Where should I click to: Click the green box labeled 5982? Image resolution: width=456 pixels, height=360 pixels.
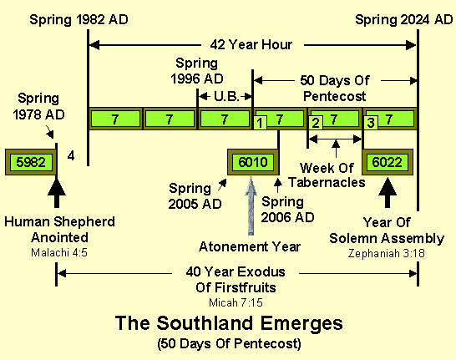[x=30, y=162]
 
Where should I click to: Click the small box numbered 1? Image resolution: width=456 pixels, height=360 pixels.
[x=261, y=124]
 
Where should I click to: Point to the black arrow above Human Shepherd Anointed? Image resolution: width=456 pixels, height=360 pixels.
[x=56, y=192]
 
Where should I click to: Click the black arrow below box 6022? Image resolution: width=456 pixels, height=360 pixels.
[x=387, y=192]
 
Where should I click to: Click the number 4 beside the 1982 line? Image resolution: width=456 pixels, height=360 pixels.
[x=73, y=155]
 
